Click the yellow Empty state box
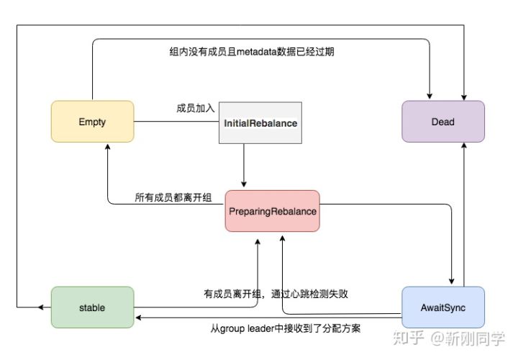(x=92, y=122)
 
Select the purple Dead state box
(x=442, y=122)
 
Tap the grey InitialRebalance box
(x=260, y=123)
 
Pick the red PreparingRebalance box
(x=272, y=211)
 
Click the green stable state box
(x=92, y=307)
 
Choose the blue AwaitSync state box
(x=442, y=307)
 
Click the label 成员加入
(x=196, y=109)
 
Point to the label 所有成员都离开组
(x=173, y=197)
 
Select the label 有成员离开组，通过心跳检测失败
(x=277, y=293)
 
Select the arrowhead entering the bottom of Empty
(x=107, y=146)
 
